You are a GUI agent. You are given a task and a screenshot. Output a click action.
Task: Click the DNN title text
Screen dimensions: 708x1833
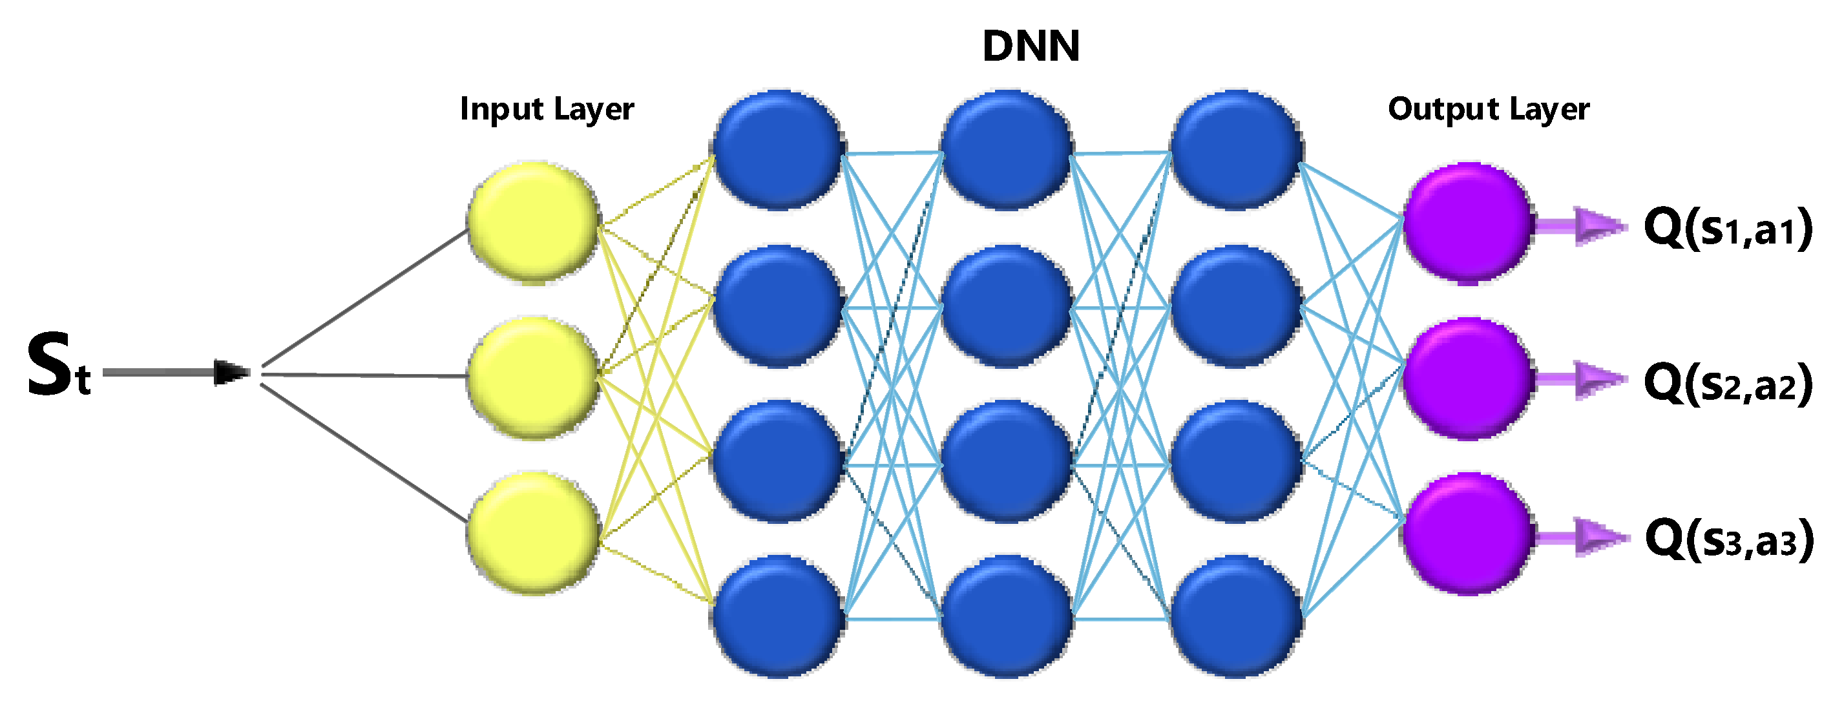pyautogui.click(x=1031, y=47)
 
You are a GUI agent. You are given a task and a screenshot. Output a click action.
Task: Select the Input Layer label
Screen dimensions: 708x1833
pyautogui.click(x=547, y=110)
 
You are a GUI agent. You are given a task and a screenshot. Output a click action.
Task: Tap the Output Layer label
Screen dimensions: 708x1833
pyautogui.click(x=1488, y=110)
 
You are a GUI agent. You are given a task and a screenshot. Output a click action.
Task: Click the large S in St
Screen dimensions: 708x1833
pyautogui.click(x=50, y=364)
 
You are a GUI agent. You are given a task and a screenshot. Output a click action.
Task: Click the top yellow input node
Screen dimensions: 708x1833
pyautogui.click(x=533, y=223)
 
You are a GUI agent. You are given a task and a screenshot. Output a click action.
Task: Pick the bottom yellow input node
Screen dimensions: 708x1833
pyautogui.click(x=533, y=532)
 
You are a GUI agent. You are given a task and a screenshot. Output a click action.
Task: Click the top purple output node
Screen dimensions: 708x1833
pyautogui.click(x=1467, y=223)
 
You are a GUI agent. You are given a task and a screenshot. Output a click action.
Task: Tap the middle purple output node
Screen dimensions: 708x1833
pyautogui.click(x=1467, y=378)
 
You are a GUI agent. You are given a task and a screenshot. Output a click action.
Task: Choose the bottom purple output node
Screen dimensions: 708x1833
pyautogui.click(x=1467, y=533)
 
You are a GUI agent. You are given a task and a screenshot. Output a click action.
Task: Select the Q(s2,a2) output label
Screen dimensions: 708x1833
pyautogui.click(x=1728, y=384)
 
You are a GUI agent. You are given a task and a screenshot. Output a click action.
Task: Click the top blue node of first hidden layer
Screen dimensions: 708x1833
pyautogui.click(x=778, y=149)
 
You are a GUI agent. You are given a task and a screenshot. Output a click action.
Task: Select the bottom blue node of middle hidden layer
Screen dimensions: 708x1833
pyautogui.click(x=1007, y=616)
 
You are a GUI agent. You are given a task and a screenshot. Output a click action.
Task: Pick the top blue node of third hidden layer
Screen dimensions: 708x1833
pyautogui.click(x=1236, y=149)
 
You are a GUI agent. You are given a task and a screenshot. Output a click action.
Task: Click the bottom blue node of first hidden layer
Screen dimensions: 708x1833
pyautogui.click(x=778, y=616)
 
